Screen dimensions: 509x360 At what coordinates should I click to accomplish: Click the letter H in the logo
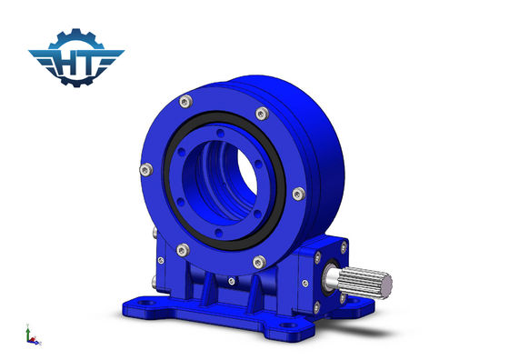point(68,63)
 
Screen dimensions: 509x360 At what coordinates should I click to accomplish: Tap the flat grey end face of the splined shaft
point(386,286)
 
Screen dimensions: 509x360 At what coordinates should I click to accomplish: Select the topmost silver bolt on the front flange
point(185,102)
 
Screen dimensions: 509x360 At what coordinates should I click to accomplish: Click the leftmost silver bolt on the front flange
point(146,170)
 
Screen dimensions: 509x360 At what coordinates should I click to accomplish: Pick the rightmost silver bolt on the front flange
point(299,194)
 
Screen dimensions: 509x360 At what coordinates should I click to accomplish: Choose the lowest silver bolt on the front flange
point(259,262)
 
